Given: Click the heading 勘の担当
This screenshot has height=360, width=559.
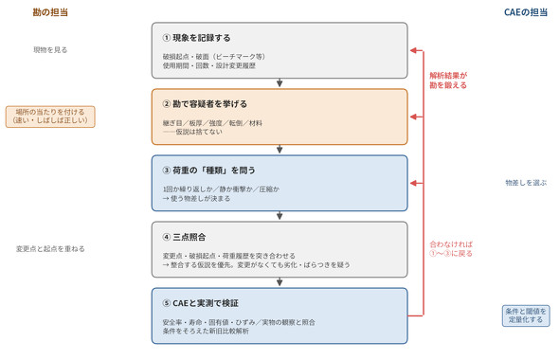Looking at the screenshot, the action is pyautogui.click(x=50, y=12).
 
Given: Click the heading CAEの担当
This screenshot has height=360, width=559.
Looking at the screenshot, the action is pyautogui.click(x=526, y=12).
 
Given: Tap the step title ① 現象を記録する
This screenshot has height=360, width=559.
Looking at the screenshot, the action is pyautogui.click(x=196, y=38).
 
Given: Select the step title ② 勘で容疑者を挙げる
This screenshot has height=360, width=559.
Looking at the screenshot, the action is pyautogui.click(x=205, y=104).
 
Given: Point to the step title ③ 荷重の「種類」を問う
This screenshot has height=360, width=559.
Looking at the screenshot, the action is pyautogui.click(x=208, y=171).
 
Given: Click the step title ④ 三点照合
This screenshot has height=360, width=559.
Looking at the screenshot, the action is pyautogui.click(x=184, y=237).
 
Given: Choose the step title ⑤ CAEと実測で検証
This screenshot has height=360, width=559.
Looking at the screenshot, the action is pyautogui.click(x=200, y=303).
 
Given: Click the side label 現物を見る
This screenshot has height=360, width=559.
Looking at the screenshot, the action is pyautogui.click(x=50, y=50).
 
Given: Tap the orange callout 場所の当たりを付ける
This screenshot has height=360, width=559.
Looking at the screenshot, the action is pyautogui.click(x=50, y=117).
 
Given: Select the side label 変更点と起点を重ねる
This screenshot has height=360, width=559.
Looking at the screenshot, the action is pyautogui.click(x=50, y=249).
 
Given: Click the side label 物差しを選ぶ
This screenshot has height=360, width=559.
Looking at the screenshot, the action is pyautogui.click(x=526, y=183).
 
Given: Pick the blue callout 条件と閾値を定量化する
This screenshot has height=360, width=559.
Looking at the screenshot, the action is pyautogui.click(x=526, y=315).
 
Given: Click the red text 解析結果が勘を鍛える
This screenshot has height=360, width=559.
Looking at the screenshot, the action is pyautogui.click(x=448, y=81).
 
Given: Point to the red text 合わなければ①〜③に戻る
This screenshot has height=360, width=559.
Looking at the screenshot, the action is pyautogui.click(x=451, y=249).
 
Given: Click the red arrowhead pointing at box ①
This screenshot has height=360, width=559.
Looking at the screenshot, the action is pyautogui.click(x=413, y=50).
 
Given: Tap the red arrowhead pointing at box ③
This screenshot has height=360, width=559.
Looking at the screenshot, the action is pyautogui.click(x=413, y=183).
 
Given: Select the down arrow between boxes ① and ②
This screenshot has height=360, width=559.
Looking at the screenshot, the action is pyautogui.click(x=279, y=82).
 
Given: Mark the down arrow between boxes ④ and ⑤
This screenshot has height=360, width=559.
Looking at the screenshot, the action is pyautogui.click(x=279, y=282).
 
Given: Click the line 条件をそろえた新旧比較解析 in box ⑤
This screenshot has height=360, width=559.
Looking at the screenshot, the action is pyautogui.click(x=206, y=332).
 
